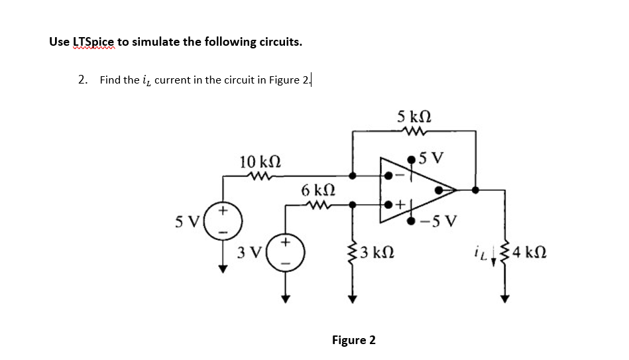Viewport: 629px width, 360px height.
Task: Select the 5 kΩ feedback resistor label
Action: [414, 117]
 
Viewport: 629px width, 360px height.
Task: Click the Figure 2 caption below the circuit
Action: [353, 340]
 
